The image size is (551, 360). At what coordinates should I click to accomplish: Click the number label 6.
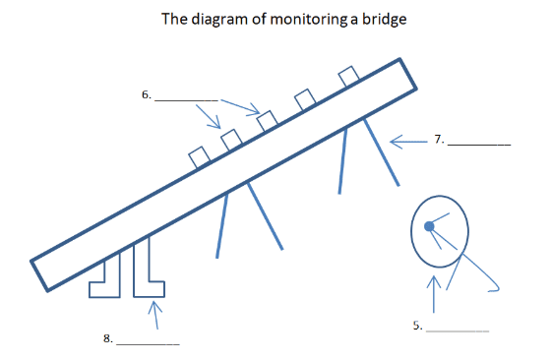pyautogui.click(x=147, y=94)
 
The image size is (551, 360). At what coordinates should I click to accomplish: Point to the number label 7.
pyautogui.click(x=439, y=139)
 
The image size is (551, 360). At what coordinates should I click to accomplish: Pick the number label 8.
pyautogui.click(x=108, y=338)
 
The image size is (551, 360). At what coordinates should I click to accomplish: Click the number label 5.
pyautogui.click(x=417, y=326)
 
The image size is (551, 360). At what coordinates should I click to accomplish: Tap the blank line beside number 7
pyautogui.click(x=479, y=145)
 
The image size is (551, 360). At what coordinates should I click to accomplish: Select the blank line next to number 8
pyautogui.click(x=148, y=344)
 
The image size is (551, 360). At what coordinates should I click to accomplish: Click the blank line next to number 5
pyautogui.click(x=458, y=330)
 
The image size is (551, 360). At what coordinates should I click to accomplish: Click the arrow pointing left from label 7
pyautogui.click(x=408, y=142)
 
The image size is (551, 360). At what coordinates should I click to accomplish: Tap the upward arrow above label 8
pyautogui.click(x=155, y=315)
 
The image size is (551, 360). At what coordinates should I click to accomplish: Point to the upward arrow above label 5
pyautogui.click(x=434, y=294)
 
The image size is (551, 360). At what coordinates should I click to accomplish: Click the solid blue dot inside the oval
pyautogui.click(x=429, y=226)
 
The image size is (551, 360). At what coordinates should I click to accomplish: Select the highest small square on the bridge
pyautogui.click(x=348, y=76)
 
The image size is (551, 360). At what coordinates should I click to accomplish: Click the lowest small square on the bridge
pyautogui.click(x=200, y=157)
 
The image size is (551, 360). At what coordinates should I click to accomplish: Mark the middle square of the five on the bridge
pyautogui.click(x=268, y=121)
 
